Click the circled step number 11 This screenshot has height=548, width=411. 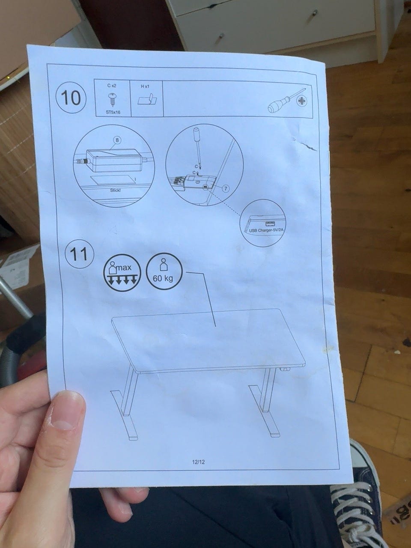pos(80,255)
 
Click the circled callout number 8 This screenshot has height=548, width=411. pos(117,140)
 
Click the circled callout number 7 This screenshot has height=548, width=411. pos(226,188)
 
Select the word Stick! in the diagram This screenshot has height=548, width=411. pos(116,190)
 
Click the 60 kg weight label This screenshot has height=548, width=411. pos(163,278)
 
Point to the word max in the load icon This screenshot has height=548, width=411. pos(124,268)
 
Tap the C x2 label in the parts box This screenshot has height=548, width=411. pos(112,85)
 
